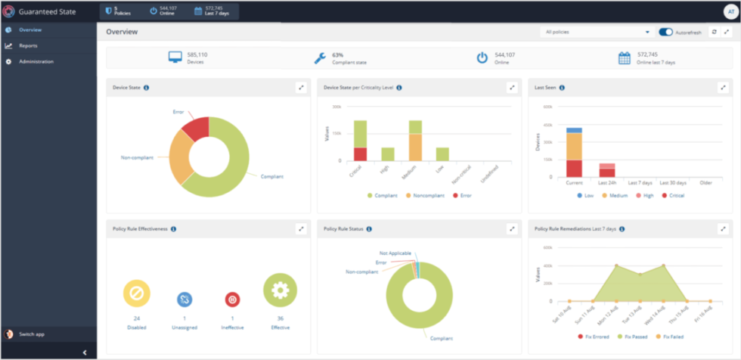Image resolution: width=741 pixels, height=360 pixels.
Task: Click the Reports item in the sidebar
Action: tap(28, 45)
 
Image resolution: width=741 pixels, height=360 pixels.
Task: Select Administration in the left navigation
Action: tap(36, 61)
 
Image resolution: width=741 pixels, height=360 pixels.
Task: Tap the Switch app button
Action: tap(31, 334)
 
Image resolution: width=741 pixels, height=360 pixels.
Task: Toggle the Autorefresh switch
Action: tap(665, 33)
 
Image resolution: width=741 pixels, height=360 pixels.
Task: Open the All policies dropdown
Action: tap(597, 33)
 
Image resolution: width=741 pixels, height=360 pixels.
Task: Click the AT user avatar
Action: tap(729, 11)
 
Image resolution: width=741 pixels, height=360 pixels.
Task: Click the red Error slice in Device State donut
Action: tap(196, 129)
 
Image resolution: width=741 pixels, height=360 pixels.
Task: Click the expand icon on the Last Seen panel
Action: tap(723, 88)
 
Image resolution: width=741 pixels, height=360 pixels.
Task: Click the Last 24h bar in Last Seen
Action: tap(607, 169)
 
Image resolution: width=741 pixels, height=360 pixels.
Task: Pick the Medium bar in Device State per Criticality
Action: tap(415, 141)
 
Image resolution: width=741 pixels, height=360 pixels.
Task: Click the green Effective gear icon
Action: tap(280, 290)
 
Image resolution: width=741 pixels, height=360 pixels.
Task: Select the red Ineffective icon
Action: tap(232, 299)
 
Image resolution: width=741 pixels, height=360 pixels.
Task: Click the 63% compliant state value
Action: tap(337, 54)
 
